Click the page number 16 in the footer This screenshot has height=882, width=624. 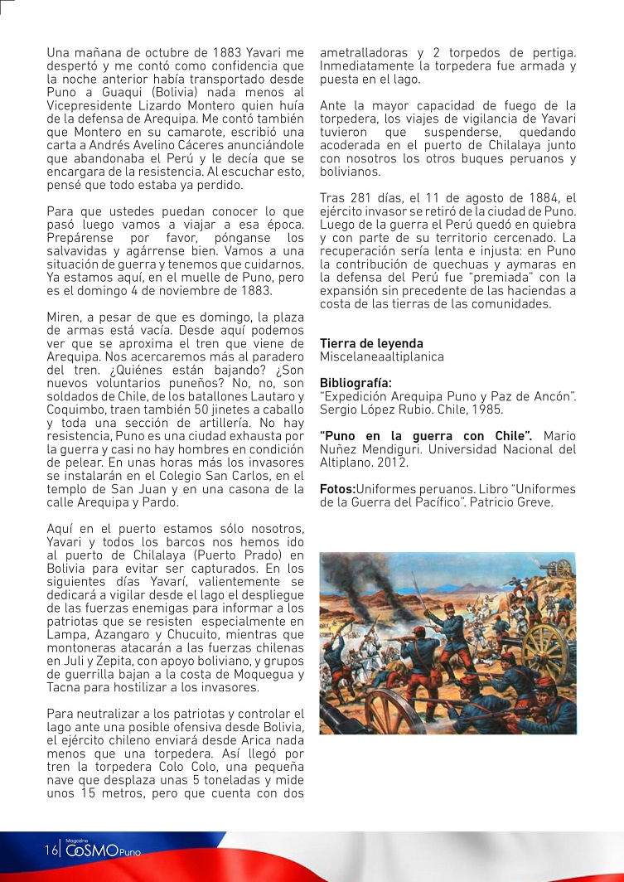tap(51, 850)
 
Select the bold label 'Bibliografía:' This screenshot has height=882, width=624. tap(356, 383)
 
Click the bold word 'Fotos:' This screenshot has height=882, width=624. tap(336, 489)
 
